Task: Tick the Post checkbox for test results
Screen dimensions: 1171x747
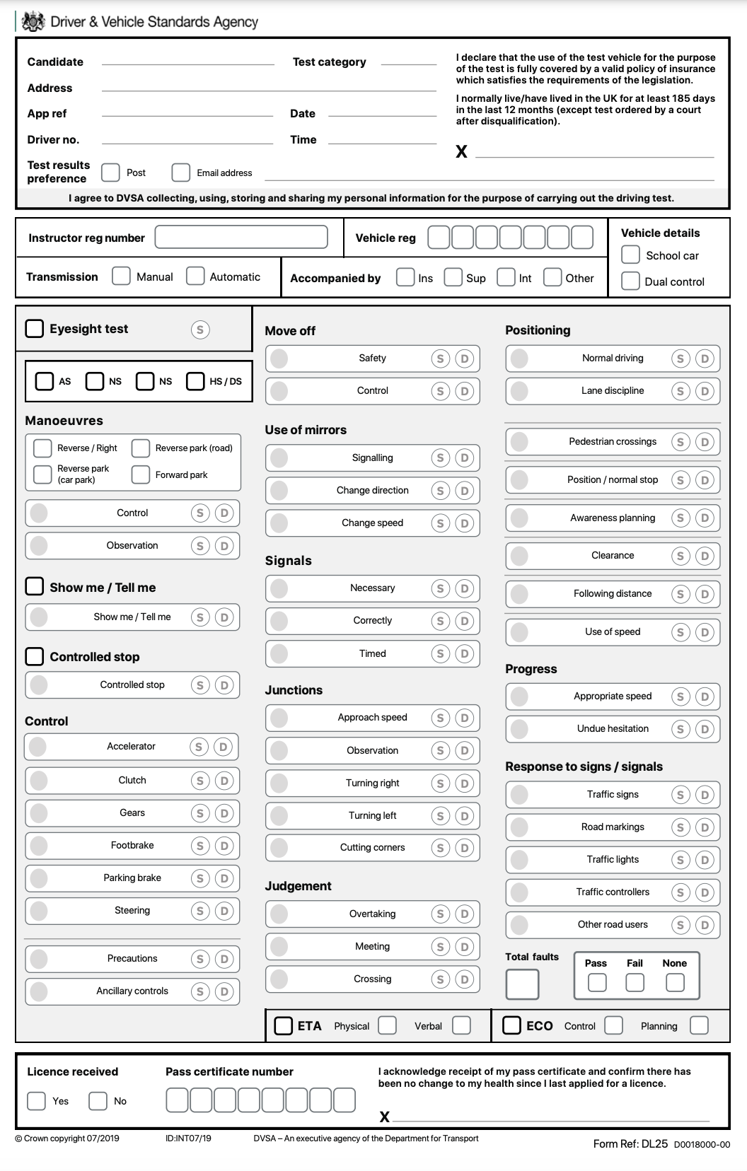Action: pyautogui.click(x=110, y=173)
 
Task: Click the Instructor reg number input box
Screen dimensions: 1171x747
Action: pyautogui.click(x=241, y=238)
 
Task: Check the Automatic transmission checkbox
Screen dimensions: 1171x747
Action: pyautogui.click(x=195, y=276)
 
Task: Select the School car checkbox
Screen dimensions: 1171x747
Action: pyautogui.click(x=630, y=255)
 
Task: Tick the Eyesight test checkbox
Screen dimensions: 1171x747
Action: pyautogui.click(x=35, y=328)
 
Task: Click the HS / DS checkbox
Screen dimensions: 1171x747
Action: pyautogui.click(x=195, y=381)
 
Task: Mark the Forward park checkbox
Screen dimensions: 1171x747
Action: pyautogui.click(x=141, y=474)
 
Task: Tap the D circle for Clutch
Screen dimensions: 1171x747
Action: pyautogui.click(x=224, y=781)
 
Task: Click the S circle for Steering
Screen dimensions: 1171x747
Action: pyautogui.click(x=200, y=911)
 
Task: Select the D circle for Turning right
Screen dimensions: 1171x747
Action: pyautogui.click(x=464, y=783)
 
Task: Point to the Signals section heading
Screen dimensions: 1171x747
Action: pyautogui.click(x=288, y=561)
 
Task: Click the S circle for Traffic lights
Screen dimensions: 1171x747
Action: pyautogui.click(x=681, y=860)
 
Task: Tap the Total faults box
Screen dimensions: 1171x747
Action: pyautogui.click(x=522, y=984)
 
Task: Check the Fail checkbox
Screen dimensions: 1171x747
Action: pyautogui.click(x=635, y=982)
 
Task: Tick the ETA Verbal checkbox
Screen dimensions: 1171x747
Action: pyautogui.click(x=461, y=1025)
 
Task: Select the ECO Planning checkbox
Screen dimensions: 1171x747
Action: pyautogui.click(x=699, y=1025)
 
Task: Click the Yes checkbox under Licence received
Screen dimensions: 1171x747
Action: pyautogui.click(x=36, y=1101)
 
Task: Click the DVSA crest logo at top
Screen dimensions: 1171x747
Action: pyautogui.click(x=33, y=22)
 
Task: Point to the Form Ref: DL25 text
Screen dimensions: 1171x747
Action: pyautogui.click(x=630, y=1143)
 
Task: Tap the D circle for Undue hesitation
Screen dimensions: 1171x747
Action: pyautogui.click(x=705, y=729)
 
